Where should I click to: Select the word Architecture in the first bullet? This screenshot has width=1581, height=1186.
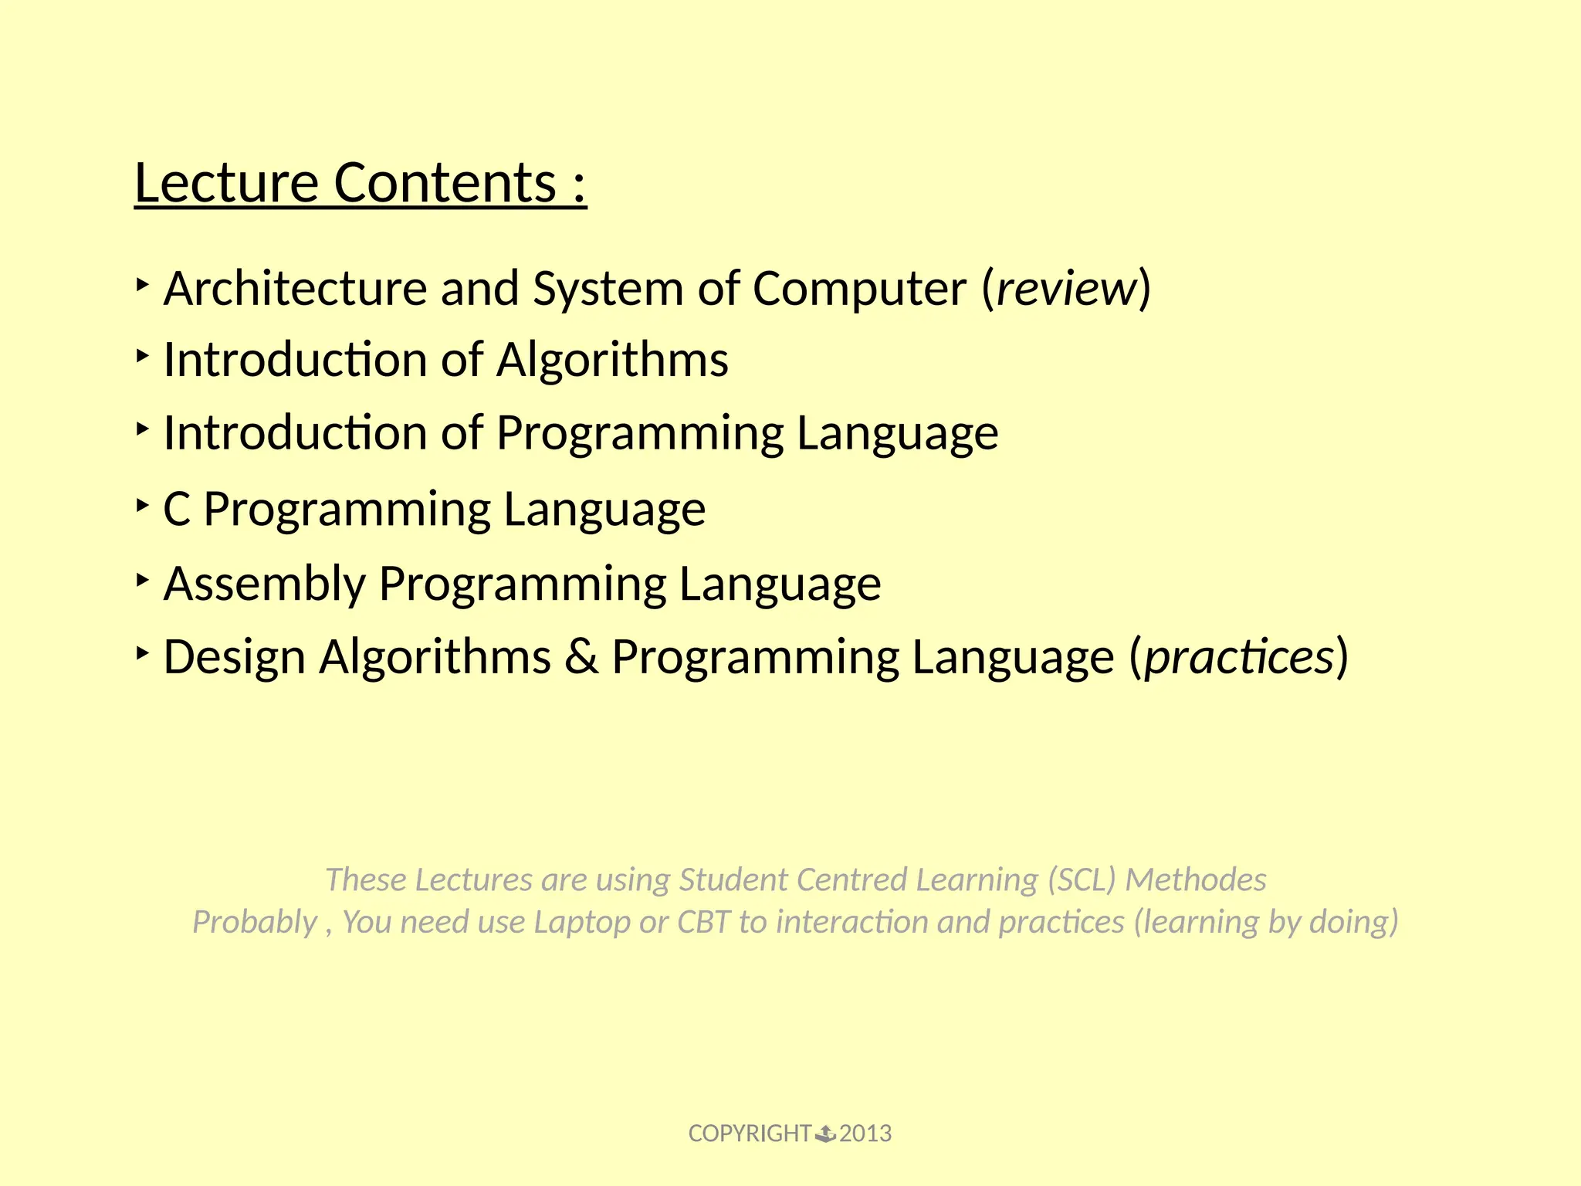295,289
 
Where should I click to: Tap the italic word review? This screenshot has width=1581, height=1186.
1066,289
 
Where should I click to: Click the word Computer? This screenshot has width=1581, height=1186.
859,289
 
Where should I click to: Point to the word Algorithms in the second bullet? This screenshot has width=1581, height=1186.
611,360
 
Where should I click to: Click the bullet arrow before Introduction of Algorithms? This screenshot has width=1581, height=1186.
142,356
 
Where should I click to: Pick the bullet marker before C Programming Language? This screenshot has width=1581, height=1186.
142,506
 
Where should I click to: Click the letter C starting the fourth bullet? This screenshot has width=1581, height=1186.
177,510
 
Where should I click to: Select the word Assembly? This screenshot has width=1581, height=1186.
264,584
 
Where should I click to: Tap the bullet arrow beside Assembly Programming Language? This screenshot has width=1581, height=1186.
142,579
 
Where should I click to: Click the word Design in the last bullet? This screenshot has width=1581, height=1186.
235,658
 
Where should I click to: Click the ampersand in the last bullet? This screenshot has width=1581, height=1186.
581,658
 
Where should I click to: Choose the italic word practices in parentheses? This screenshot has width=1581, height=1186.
1239,658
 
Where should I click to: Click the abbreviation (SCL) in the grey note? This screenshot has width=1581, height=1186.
1082,879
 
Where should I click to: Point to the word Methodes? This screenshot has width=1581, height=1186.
1195,879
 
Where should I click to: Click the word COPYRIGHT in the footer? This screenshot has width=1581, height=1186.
749,1133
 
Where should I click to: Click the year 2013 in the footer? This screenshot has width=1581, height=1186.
865,1133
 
